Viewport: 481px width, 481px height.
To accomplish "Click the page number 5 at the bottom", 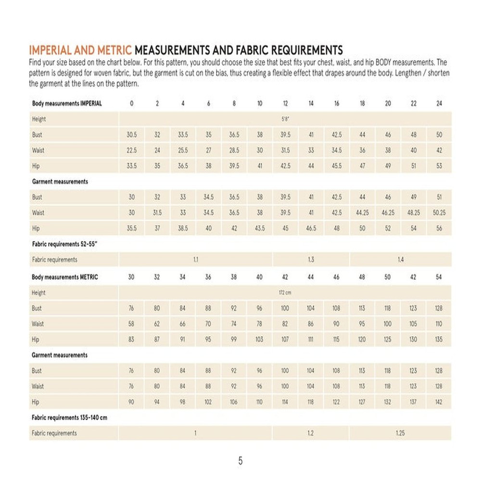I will tap(240, 461).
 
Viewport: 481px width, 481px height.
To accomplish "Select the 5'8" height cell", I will tap(285, 119).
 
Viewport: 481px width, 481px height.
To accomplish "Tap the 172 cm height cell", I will tap(285, 292).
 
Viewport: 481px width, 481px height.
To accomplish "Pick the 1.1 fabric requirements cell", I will tap(196, 260).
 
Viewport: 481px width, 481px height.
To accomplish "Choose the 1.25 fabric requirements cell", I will tap(400, 433).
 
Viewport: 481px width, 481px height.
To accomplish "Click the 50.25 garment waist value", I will tap(439, 213).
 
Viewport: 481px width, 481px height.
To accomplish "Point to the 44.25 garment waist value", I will tap(362, 213).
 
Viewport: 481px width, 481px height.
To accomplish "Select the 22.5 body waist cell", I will tap(131, 150).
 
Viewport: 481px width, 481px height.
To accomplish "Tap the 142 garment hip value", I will tap(439, 402).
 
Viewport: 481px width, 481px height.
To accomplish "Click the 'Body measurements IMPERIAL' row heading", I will tap(67, 103).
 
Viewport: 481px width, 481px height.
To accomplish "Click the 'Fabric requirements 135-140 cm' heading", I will tap(69, 418).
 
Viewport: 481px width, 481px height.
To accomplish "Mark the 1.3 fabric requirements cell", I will tap(311, 260).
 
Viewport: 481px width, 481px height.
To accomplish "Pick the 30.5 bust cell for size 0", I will tap(131, 135).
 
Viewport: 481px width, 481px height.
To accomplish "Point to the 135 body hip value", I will tap(439, 339).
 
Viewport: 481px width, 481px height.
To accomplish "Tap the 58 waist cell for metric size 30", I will tap(131, 324).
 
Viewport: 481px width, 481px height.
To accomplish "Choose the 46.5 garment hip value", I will tap(311, 228).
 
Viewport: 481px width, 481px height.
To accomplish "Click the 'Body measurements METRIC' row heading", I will tap(65, 277).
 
